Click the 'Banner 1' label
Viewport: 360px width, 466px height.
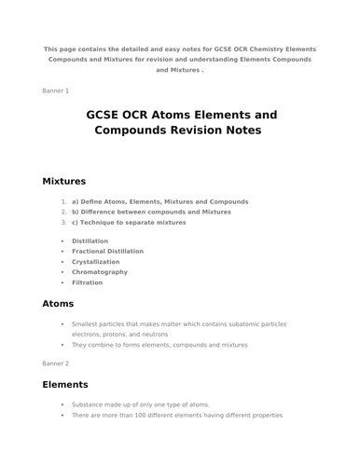55,90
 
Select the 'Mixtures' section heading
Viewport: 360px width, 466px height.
64,181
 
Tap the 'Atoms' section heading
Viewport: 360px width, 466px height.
58,303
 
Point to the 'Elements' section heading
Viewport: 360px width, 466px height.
65,384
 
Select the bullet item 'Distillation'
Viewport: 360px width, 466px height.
90,241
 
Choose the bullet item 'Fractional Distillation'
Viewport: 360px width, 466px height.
107,252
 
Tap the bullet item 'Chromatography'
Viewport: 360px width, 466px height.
100,272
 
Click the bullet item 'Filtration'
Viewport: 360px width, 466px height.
87,282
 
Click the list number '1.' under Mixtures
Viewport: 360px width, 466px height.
63,201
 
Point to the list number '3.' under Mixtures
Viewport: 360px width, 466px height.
63,223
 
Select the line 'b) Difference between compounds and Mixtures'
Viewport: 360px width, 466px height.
151,212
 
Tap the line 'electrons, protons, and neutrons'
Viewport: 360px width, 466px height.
119,334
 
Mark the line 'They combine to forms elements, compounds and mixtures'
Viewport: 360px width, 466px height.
159,345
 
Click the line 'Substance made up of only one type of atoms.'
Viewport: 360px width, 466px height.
140,404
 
